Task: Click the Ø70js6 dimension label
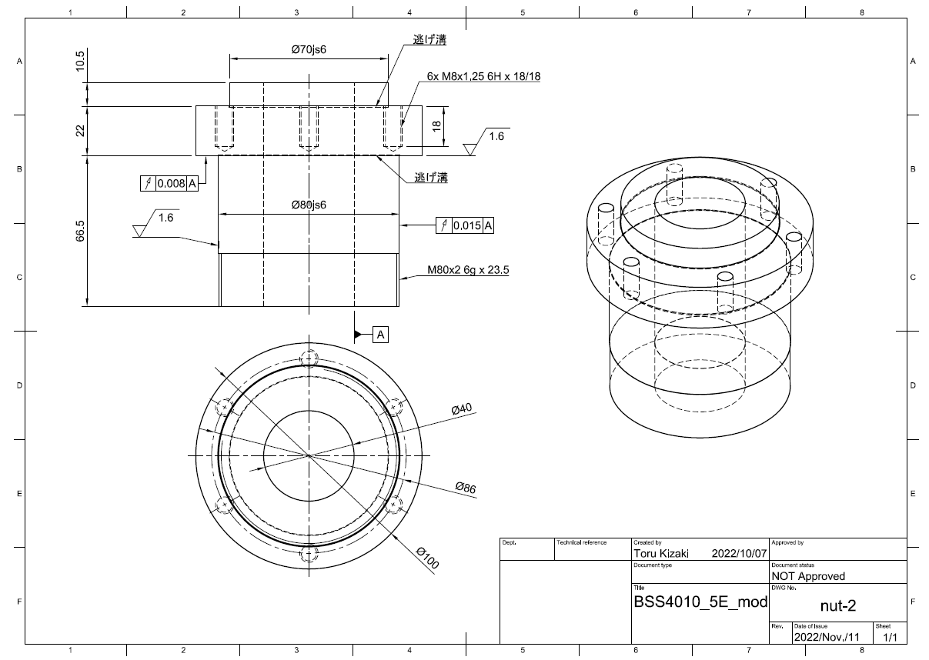(x=309, y=49)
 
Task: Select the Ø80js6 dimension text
(x=309, y=205)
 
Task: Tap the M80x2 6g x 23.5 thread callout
(x=469, y=270)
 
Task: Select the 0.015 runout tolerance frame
(x=465, y=225)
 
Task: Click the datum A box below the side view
(x=381, y=335)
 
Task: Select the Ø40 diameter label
(x=461, y=409)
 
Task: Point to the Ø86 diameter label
(x=466, y=487)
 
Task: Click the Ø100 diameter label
(x=427, y=558)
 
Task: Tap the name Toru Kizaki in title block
(x=661, y=553)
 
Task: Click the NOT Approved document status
(x=807, y=576)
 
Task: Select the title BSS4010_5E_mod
(x=700, y=602)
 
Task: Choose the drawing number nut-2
(x=837, y=605)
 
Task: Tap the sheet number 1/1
(x=890, y=637)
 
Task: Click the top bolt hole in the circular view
(x=309, y=358)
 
